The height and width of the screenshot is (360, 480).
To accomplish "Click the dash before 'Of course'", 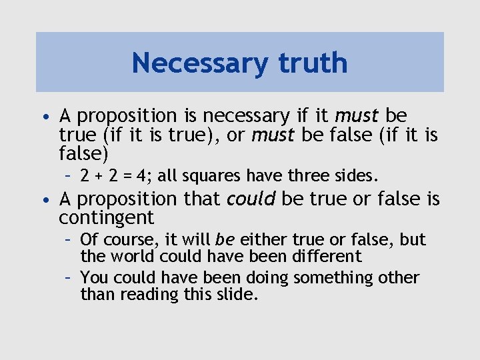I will [x=69, y=240].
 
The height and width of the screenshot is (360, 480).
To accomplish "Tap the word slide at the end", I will [x=237, y=294].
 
